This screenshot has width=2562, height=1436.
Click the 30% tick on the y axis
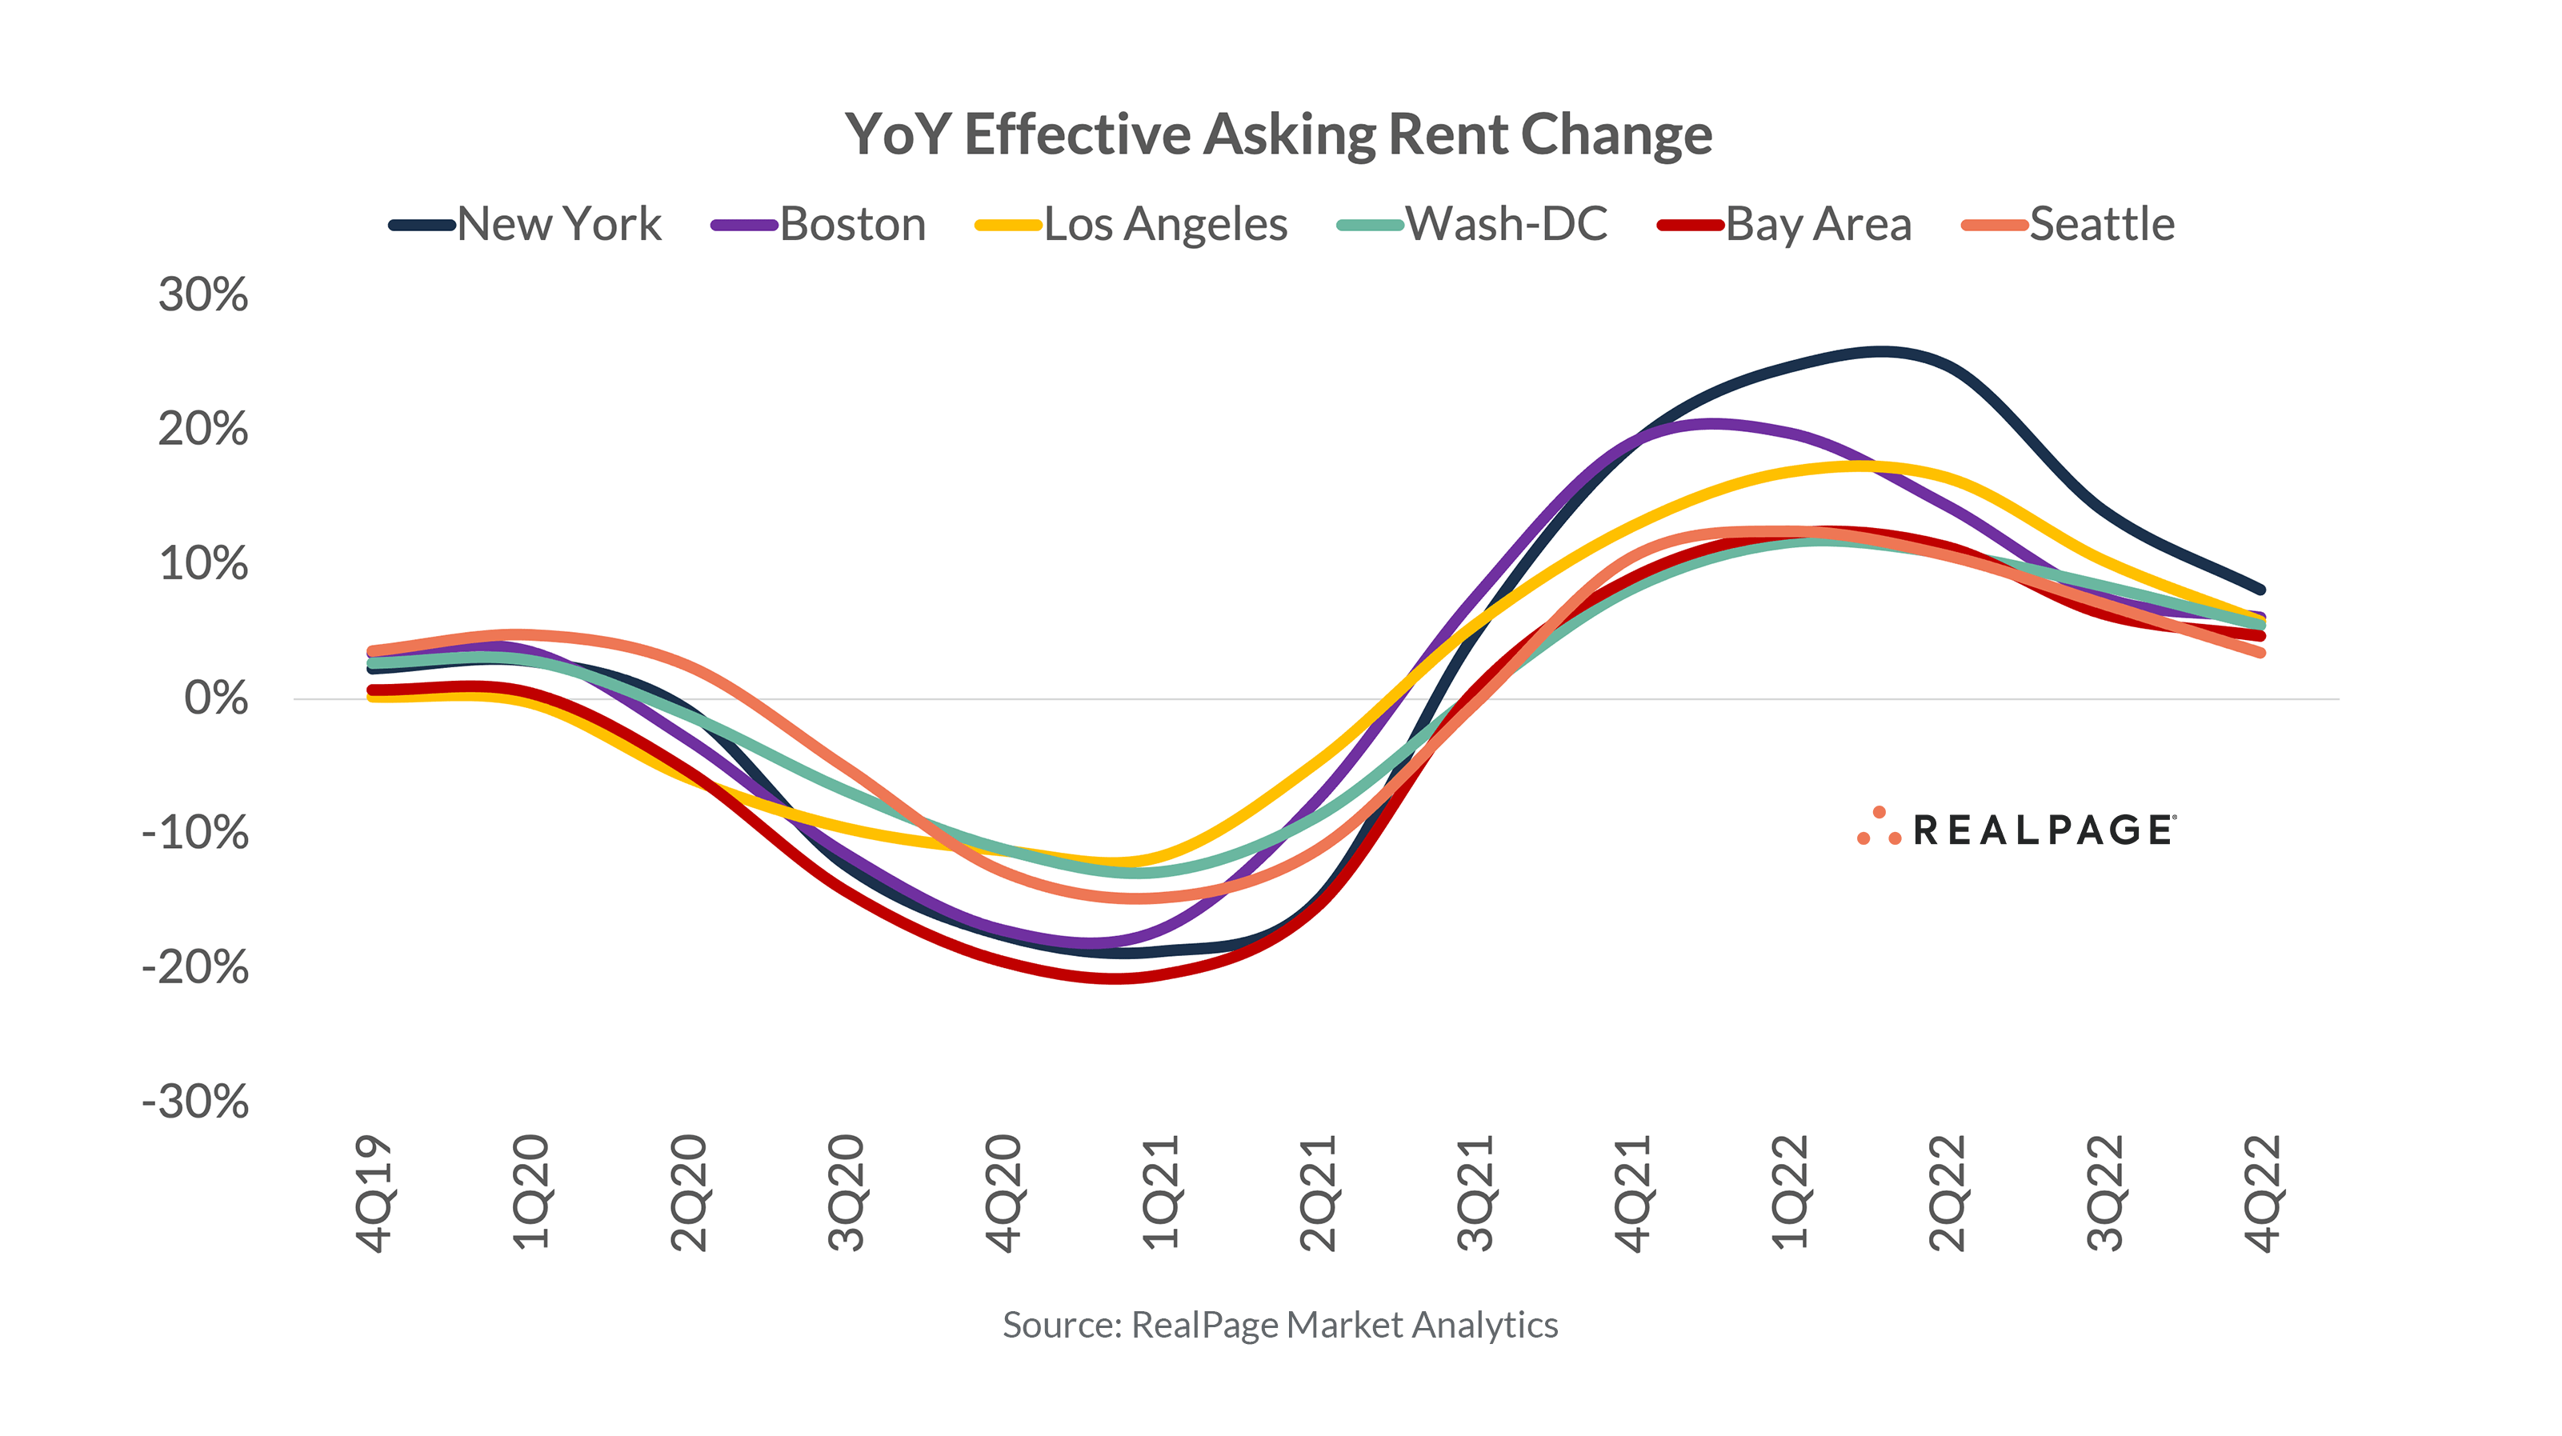[x=203, y=295]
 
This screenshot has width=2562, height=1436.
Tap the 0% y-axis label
[x=216, y=698]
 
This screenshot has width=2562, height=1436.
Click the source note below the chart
[x=1280, y=1325]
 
